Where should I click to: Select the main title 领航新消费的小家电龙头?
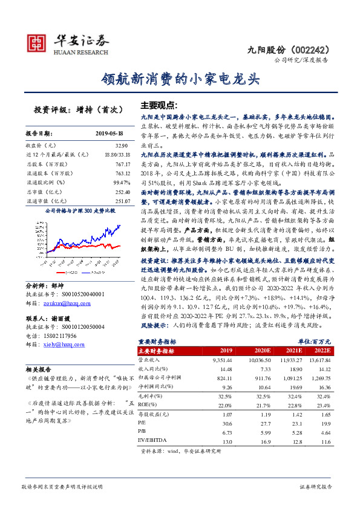(x=180, y=79)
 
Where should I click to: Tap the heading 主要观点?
(x=158, y=104)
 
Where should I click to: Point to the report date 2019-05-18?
(x=113, y=133)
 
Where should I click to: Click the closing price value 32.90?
(x=122, y=146)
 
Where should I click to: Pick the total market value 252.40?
(x=122, y=192)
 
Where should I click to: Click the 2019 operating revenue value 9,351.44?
(x=220, y=360)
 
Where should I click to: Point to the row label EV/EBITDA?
(x=154, y=442)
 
